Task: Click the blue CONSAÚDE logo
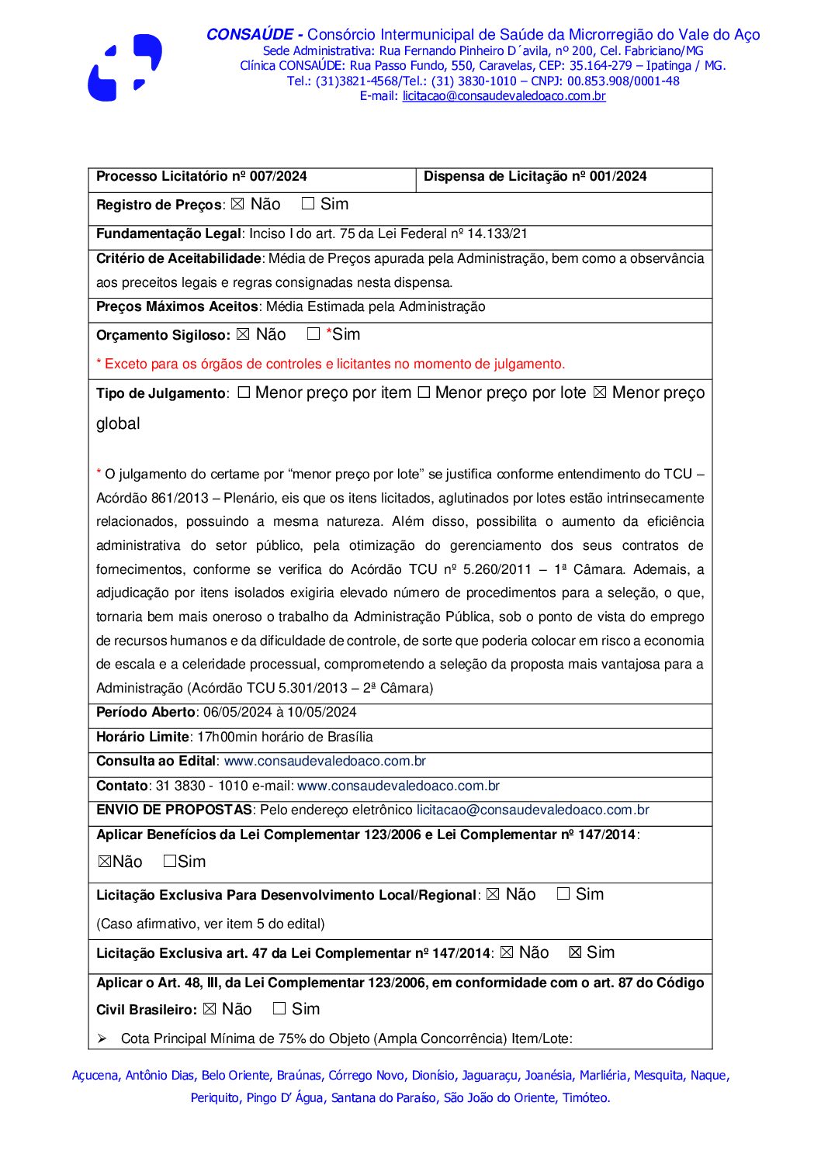pyautogui.click(x=124, y=67)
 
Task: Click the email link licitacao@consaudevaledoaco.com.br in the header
pyautogui.click(x=504, y=96)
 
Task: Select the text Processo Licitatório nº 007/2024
pyautogui.click(x=202, y=177)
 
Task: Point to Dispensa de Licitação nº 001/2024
pyautogui.click(x=535, y=177)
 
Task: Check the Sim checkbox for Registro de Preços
pyautogui.click(x=308, y=204)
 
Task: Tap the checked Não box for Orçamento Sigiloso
pyautogui.click(x=243, y=334)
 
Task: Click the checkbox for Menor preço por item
pyautogui.click(x=244, y=393)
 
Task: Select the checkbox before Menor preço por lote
pyautogui.click(x=424, y=393)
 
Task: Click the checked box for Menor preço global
pyautogui.click(x=600, y=393)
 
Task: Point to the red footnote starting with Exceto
pyautogui.click(x=331, y=365)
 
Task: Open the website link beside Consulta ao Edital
pyautogui.click(x=324, y=762)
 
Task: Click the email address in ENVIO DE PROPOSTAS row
pyautogui.click(x=532, y=810)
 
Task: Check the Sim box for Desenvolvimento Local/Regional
pyautogui.click(x=563, y=894)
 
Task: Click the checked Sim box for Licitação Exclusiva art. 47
pyautogui.click(x=575, y=953)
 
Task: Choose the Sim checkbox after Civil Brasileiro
pyautogui.click(x=279, y=1009)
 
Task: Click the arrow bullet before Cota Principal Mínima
pyautogui.click(x=102, y=1039)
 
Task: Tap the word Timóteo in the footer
pyautogui.click(x=586, y=1098)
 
